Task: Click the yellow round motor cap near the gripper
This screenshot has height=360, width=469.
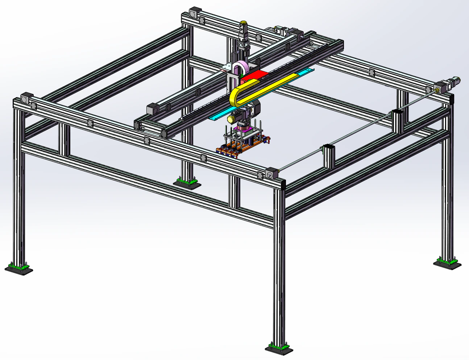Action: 231,119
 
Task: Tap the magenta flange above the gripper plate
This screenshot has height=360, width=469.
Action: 242,129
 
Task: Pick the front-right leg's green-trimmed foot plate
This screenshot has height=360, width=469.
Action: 279,348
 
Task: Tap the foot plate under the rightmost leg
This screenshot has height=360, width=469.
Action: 448,264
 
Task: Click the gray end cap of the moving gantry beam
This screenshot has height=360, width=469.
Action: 153,108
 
